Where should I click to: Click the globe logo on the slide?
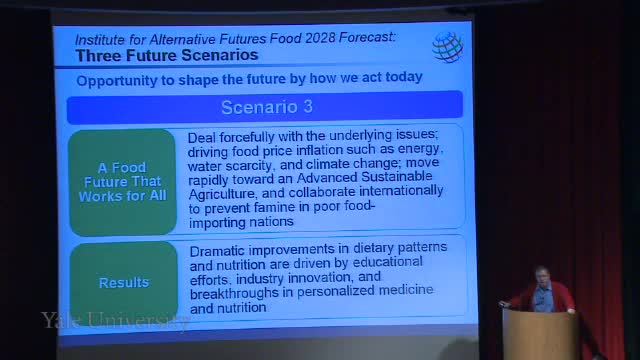point(448,47)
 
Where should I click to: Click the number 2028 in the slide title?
point(320,38)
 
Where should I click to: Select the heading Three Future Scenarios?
point(167,55)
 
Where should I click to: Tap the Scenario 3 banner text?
point(267,107)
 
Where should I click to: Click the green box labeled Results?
point(124,283)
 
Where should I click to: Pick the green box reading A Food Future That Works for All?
point(123,182)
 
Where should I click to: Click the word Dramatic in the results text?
point(217,251)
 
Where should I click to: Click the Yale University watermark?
point(116,320)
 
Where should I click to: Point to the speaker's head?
point(542,275)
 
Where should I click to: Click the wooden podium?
point(540,334)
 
